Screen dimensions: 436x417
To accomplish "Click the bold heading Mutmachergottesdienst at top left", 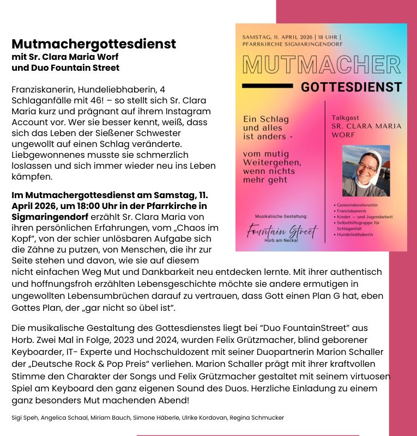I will click(94, 44).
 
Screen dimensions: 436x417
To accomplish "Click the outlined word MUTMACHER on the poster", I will click(322, 65).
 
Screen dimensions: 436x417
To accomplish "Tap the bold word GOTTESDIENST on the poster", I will click(351, 87).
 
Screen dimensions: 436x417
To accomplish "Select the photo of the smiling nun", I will click(366, 171).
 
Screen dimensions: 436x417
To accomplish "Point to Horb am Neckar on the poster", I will click(282, 240).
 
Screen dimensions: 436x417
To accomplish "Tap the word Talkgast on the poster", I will click(345, 118).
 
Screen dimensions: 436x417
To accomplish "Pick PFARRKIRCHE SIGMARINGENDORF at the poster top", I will click(293, 44).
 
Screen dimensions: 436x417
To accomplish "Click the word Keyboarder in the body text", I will click(35, 352).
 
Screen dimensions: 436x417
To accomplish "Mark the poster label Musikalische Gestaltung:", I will click(281, 216).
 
